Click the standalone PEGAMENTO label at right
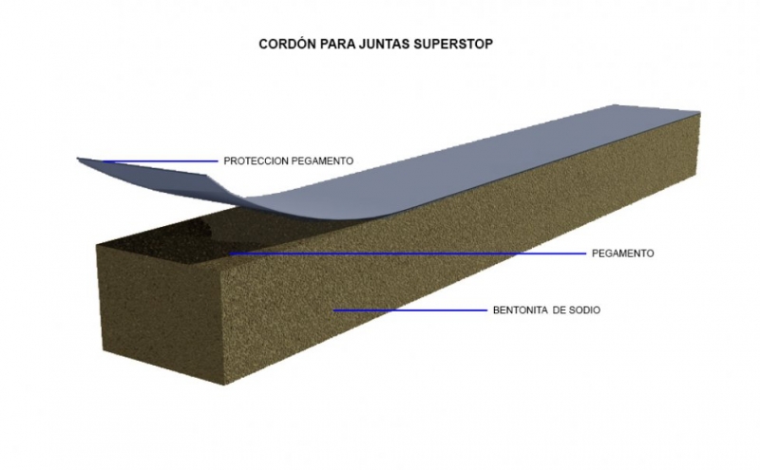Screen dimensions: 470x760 click(622, 254)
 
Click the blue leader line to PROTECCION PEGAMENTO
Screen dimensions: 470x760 click(161, 161)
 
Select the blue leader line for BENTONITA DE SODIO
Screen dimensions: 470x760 click(408, 310)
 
